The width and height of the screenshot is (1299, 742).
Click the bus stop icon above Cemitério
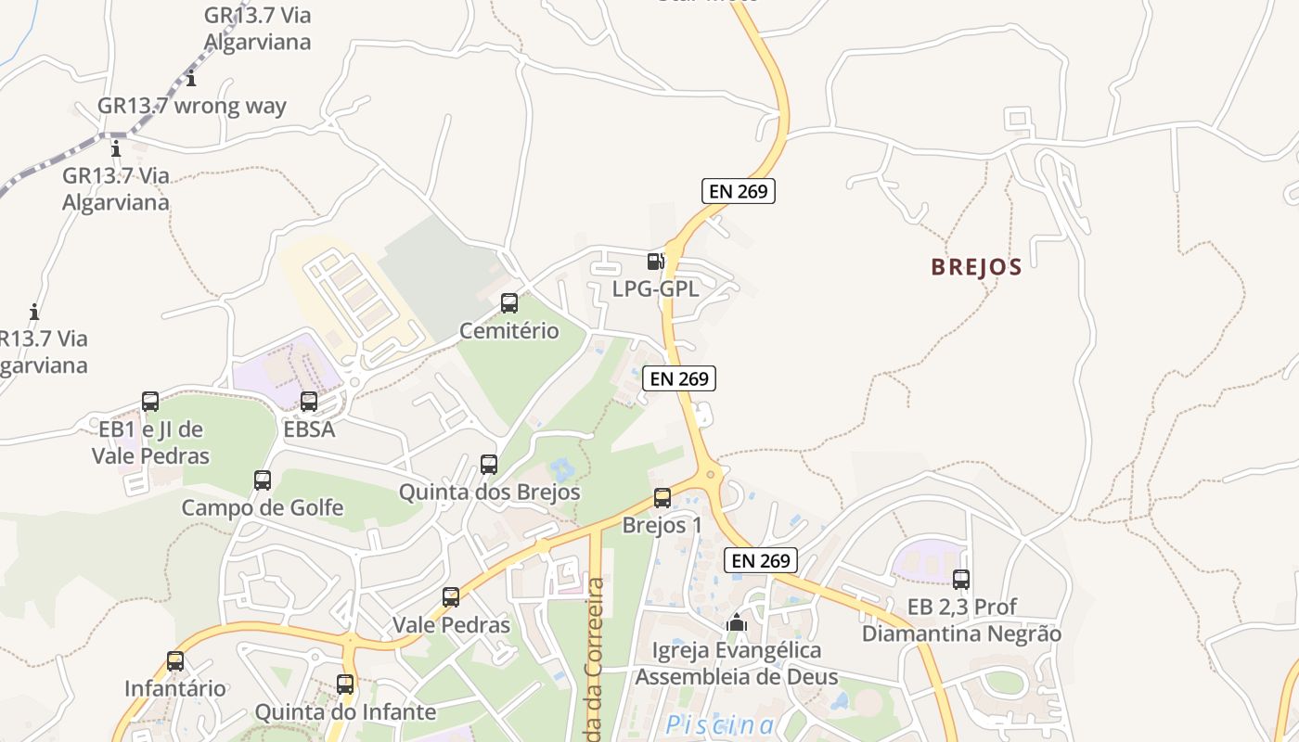point(509,302)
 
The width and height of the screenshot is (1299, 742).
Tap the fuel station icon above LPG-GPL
point(655,262)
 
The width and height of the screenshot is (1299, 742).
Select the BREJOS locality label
point(976,267)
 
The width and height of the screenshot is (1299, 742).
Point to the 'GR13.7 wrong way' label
point(192,106)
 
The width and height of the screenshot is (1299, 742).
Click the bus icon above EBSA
point(309,402)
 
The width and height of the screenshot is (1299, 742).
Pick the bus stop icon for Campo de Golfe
point(263,480)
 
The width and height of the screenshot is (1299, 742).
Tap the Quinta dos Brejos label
point(489,492)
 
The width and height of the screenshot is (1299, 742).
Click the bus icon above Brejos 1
point(662,497)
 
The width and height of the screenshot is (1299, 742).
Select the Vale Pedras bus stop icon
point(451,596)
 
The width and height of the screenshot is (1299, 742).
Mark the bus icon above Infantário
point(175,661)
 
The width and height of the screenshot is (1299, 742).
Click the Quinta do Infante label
point(345,712)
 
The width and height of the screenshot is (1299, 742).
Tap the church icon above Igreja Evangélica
point(737,622)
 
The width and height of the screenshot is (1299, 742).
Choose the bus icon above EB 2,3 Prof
point(961,580)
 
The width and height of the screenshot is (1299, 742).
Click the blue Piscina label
point(720,725)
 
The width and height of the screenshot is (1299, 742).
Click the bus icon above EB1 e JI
point(150,402)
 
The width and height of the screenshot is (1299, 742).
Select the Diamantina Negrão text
point(961,634)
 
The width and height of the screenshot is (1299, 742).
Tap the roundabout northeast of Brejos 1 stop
point(712,474)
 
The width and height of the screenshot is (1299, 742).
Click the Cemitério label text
point(509,331)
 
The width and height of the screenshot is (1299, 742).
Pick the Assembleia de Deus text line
point(736,677)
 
